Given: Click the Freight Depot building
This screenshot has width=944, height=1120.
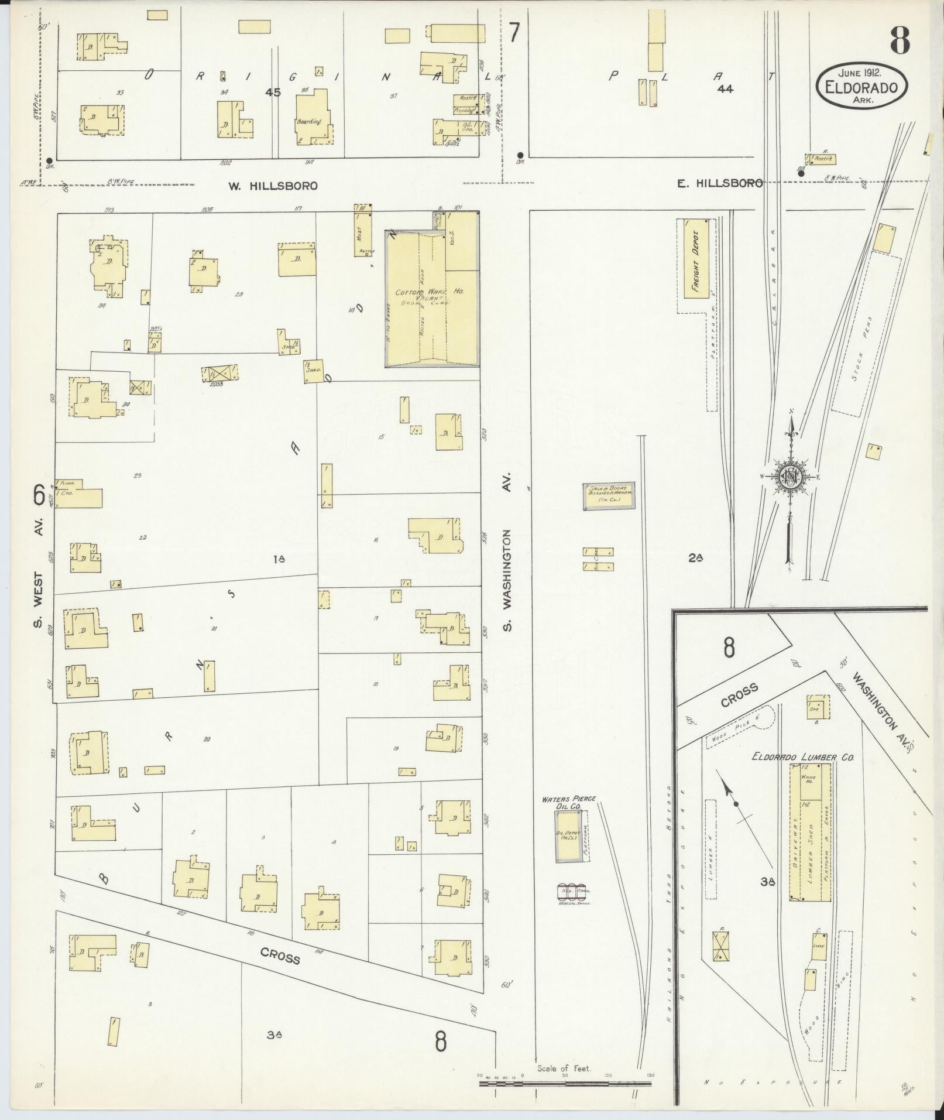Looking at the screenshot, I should [x=697, y=259].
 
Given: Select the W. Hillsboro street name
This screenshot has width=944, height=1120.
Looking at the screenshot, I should [x=273, y=186].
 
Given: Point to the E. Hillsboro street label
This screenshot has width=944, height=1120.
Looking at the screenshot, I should [x=720, y=183].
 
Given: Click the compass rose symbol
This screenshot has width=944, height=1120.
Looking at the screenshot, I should [x=789, y=476].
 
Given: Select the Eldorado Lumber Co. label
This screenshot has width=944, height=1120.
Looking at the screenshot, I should [x=802, y=757].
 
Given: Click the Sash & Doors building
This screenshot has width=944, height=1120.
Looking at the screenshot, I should [x=608, y=496].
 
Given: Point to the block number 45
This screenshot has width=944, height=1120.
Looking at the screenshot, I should [x=272, y=92].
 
